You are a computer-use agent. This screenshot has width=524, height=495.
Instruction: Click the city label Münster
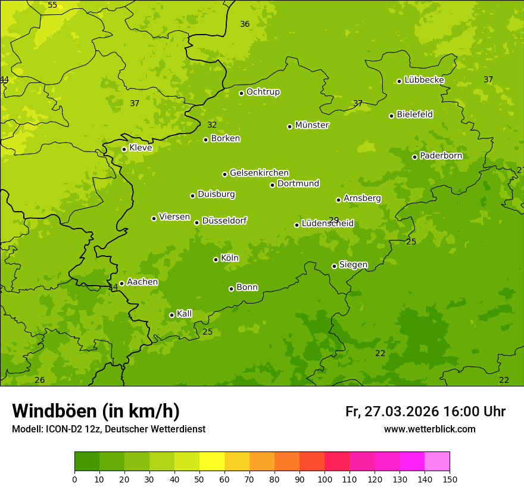click(x=312, y=125)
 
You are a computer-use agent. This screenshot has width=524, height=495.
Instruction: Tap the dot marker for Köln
click(x=216, y=259)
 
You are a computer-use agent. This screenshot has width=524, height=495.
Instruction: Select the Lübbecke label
click(x=424, y=80)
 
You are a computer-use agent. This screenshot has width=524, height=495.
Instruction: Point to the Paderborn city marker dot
click(x=414, y=157)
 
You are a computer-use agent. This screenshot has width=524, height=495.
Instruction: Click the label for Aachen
click(x=142, y=282)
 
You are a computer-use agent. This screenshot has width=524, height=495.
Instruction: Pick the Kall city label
click(x=185, y=314)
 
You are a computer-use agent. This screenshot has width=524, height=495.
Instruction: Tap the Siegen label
click(x=353, y=265)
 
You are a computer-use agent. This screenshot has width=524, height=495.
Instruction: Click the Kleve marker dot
click(x=124, y=149)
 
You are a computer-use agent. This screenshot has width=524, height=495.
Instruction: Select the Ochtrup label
click(x=263, y=92)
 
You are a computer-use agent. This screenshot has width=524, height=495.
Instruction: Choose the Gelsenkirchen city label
click(x=259, y=173)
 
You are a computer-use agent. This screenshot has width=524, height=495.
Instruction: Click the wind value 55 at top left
click(x=52, y=5)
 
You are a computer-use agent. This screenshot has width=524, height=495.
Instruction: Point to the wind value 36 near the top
click(x=245, y=24)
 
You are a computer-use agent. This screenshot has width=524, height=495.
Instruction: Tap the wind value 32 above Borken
click(x=212, y=125)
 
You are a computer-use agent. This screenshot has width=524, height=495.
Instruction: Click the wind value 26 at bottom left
click(x=40, y=380)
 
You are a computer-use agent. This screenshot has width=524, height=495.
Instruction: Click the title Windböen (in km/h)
click(x=96, y=411)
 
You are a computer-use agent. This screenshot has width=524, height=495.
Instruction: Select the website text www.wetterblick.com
click(x=429, y=429)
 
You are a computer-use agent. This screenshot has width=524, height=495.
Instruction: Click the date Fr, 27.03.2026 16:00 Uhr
click(x=425, y=412)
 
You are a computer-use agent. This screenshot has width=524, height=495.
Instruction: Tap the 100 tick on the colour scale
click(x=325, y=479)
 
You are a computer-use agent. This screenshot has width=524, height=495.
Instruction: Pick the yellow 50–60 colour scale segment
click(x=212, y=462)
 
